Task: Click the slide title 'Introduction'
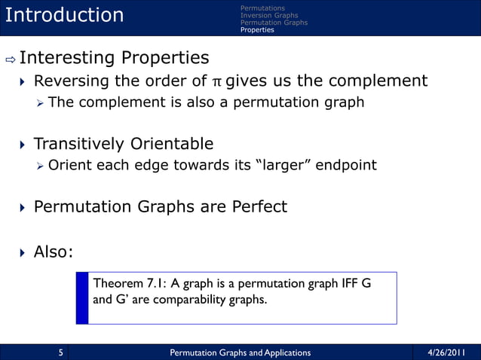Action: pos(64,15)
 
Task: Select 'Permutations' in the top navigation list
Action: pos(262,8)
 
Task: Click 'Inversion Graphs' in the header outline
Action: pos(269,15)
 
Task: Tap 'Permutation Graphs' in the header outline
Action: pos(274,23)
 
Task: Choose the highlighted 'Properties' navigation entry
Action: pos(257,30)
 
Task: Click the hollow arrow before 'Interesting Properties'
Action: pos(9,58)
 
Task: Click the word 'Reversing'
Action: pos(71,81)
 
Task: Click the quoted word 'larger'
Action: pos(283,165)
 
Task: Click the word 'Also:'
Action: pos(54,252)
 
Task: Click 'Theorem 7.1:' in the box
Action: pos(129,284)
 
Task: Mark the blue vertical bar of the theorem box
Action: pos(82,298)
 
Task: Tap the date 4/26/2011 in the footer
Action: pos(446,352)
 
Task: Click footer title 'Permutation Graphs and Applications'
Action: pos(240,352)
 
